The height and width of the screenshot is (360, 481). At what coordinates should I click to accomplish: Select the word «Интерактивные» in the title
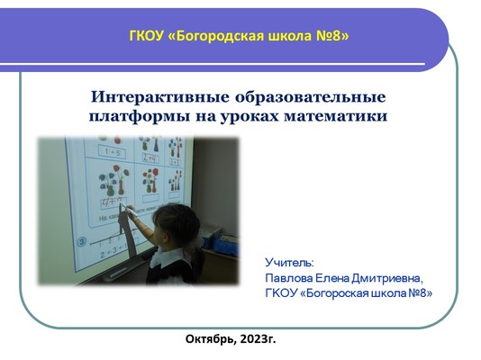tap(160, 97)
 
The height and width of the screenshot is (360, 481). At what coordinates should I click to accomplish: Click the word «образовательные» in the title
tap(311, 97)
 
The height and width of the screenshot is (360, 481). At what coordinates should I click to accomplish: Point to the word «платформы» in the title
tap(140, 117)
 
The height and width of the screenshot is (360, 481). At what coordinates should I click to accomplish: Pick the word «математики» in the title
tap(336, 117)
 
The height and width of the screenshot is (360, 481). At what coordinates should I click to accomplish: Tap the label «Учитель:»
tap(289, 263)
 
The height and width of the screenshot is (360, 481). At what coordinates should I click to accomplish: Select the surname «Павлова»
tap(289, 278)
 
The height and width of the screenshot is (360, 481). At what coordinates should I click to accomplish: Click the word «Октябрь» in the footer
tap(211, 339)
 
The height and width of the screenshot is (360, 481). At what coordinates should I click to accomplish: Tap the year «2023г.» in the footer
tap(258, 339)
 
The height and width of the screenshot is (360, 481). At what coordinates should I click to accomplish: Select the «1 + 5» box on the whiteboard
tap(113, 152)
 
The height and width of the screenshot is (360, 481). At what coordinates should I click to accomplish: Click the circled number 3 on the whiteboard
tap(81, 242)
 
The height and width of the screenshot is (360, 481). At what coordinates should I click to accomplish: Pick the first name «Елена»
tap(332, 278)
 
